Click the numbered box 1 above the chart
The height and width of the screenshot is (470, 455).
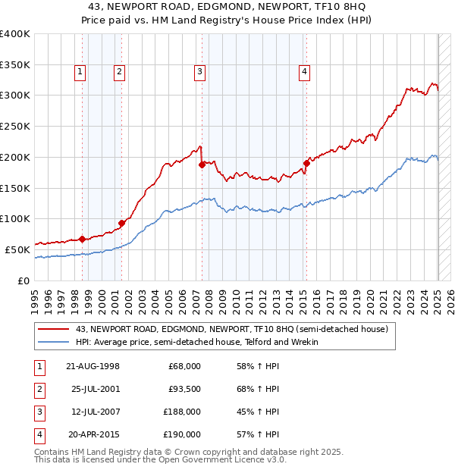pyautogui.click(x=80, y=72)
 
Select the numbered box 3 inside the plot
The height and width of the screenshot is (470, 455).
pyautogui.click(x=199, y=72)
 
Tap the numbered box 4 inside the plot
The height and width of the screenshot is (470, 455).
pyautogui.click(x=304, y=72)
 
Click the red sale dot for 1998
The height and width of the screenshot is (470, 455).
pyautogui.click(x=82, y=239)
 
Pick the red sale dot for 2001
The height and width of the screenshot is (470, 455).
pyautogui.click(x=121, y=223)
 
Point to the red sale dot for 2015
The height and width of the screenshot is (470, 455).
pyautogui.click(x=306, y=163)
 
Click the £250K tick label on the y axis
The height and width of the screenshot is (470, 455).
pyautogui.click(x=15, y=126)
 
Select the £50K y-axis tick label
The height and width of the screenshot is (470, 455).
pyautogui.click(x=18, y=249)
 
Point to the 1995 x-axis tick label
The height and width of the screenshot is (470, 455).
pyautogui.click(x=35, y=299)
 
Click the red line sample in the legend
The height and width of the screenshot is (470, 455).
pyautogui.click(x=55, y=329)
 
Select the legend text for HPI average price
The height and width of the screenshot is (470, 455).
pyautogui.click(x=196, y=342)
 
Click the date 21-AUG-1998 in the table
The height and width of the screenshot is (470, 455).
pyautogui.click(x=93, y=366)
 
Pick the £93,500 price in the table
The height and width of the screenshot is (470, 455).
pyautogui.click(x=185, y=390)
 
